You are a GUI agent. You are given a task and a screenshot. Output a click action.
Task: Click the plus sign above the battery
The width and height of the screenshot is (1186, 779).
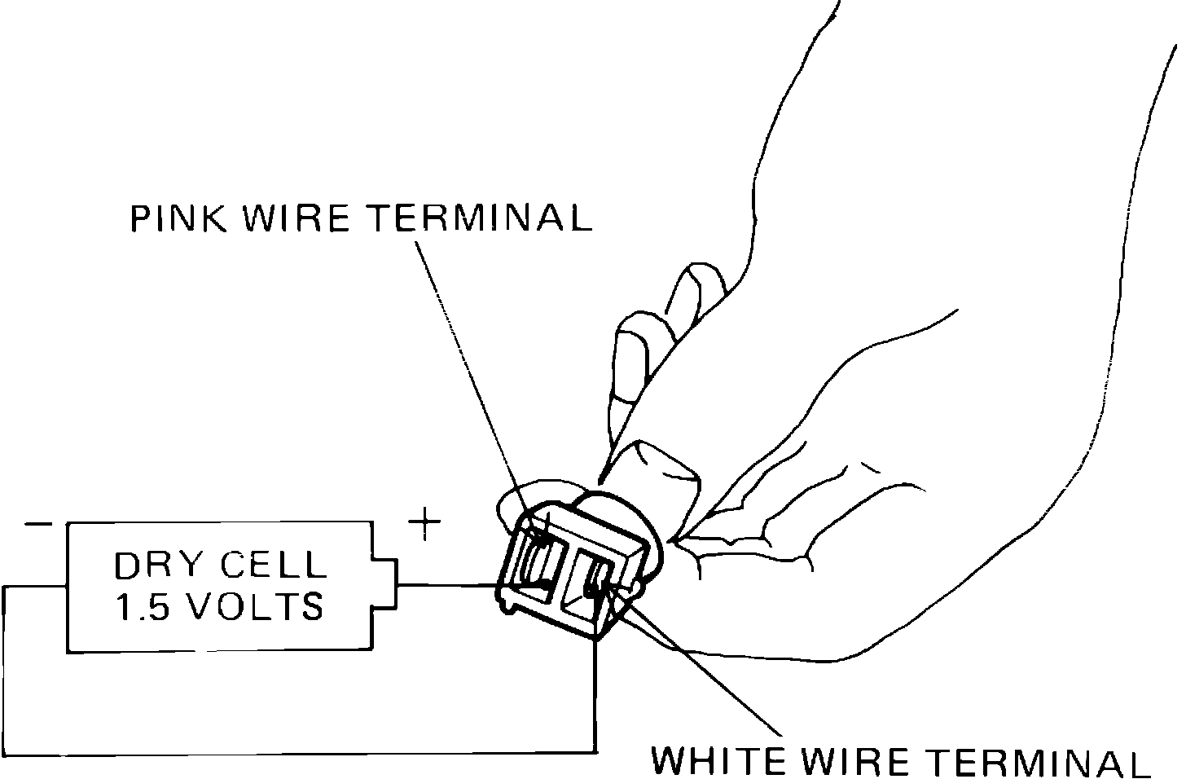424,526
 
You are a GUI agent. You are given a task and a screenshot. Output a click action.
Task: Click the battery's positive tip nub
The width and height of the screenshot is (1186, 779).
386,585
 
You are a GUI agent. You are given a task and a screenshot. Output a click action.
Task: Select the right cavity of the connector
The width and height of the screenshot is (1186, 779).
596,583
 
